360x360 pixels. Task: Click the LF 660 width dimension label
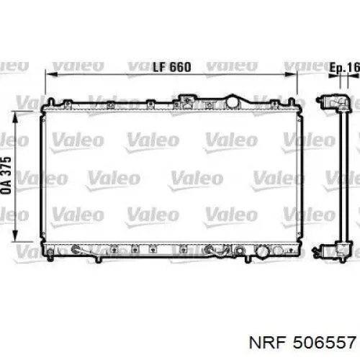tap(172, 67)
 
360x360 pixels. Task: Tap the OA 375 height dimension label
tap(6, 176)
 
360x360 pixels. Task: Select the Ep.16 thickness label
tap(345, 68)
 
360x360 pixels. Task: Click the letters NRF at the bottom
tap(268, 342)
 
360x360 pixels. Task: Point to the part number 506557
tap(324, 342)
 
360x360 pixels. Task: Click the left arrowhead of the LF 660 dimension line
tap(51, 74)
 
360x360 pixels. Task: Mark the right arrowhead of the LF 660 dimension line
tap(291, 74)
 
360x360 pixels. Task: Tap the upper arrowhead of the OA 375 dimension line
tap(15, 118)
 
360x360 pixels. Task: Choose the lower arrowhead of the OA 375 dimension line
tap(15, 235)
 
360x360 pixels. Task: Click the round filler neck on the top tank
tap(233, 102)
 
